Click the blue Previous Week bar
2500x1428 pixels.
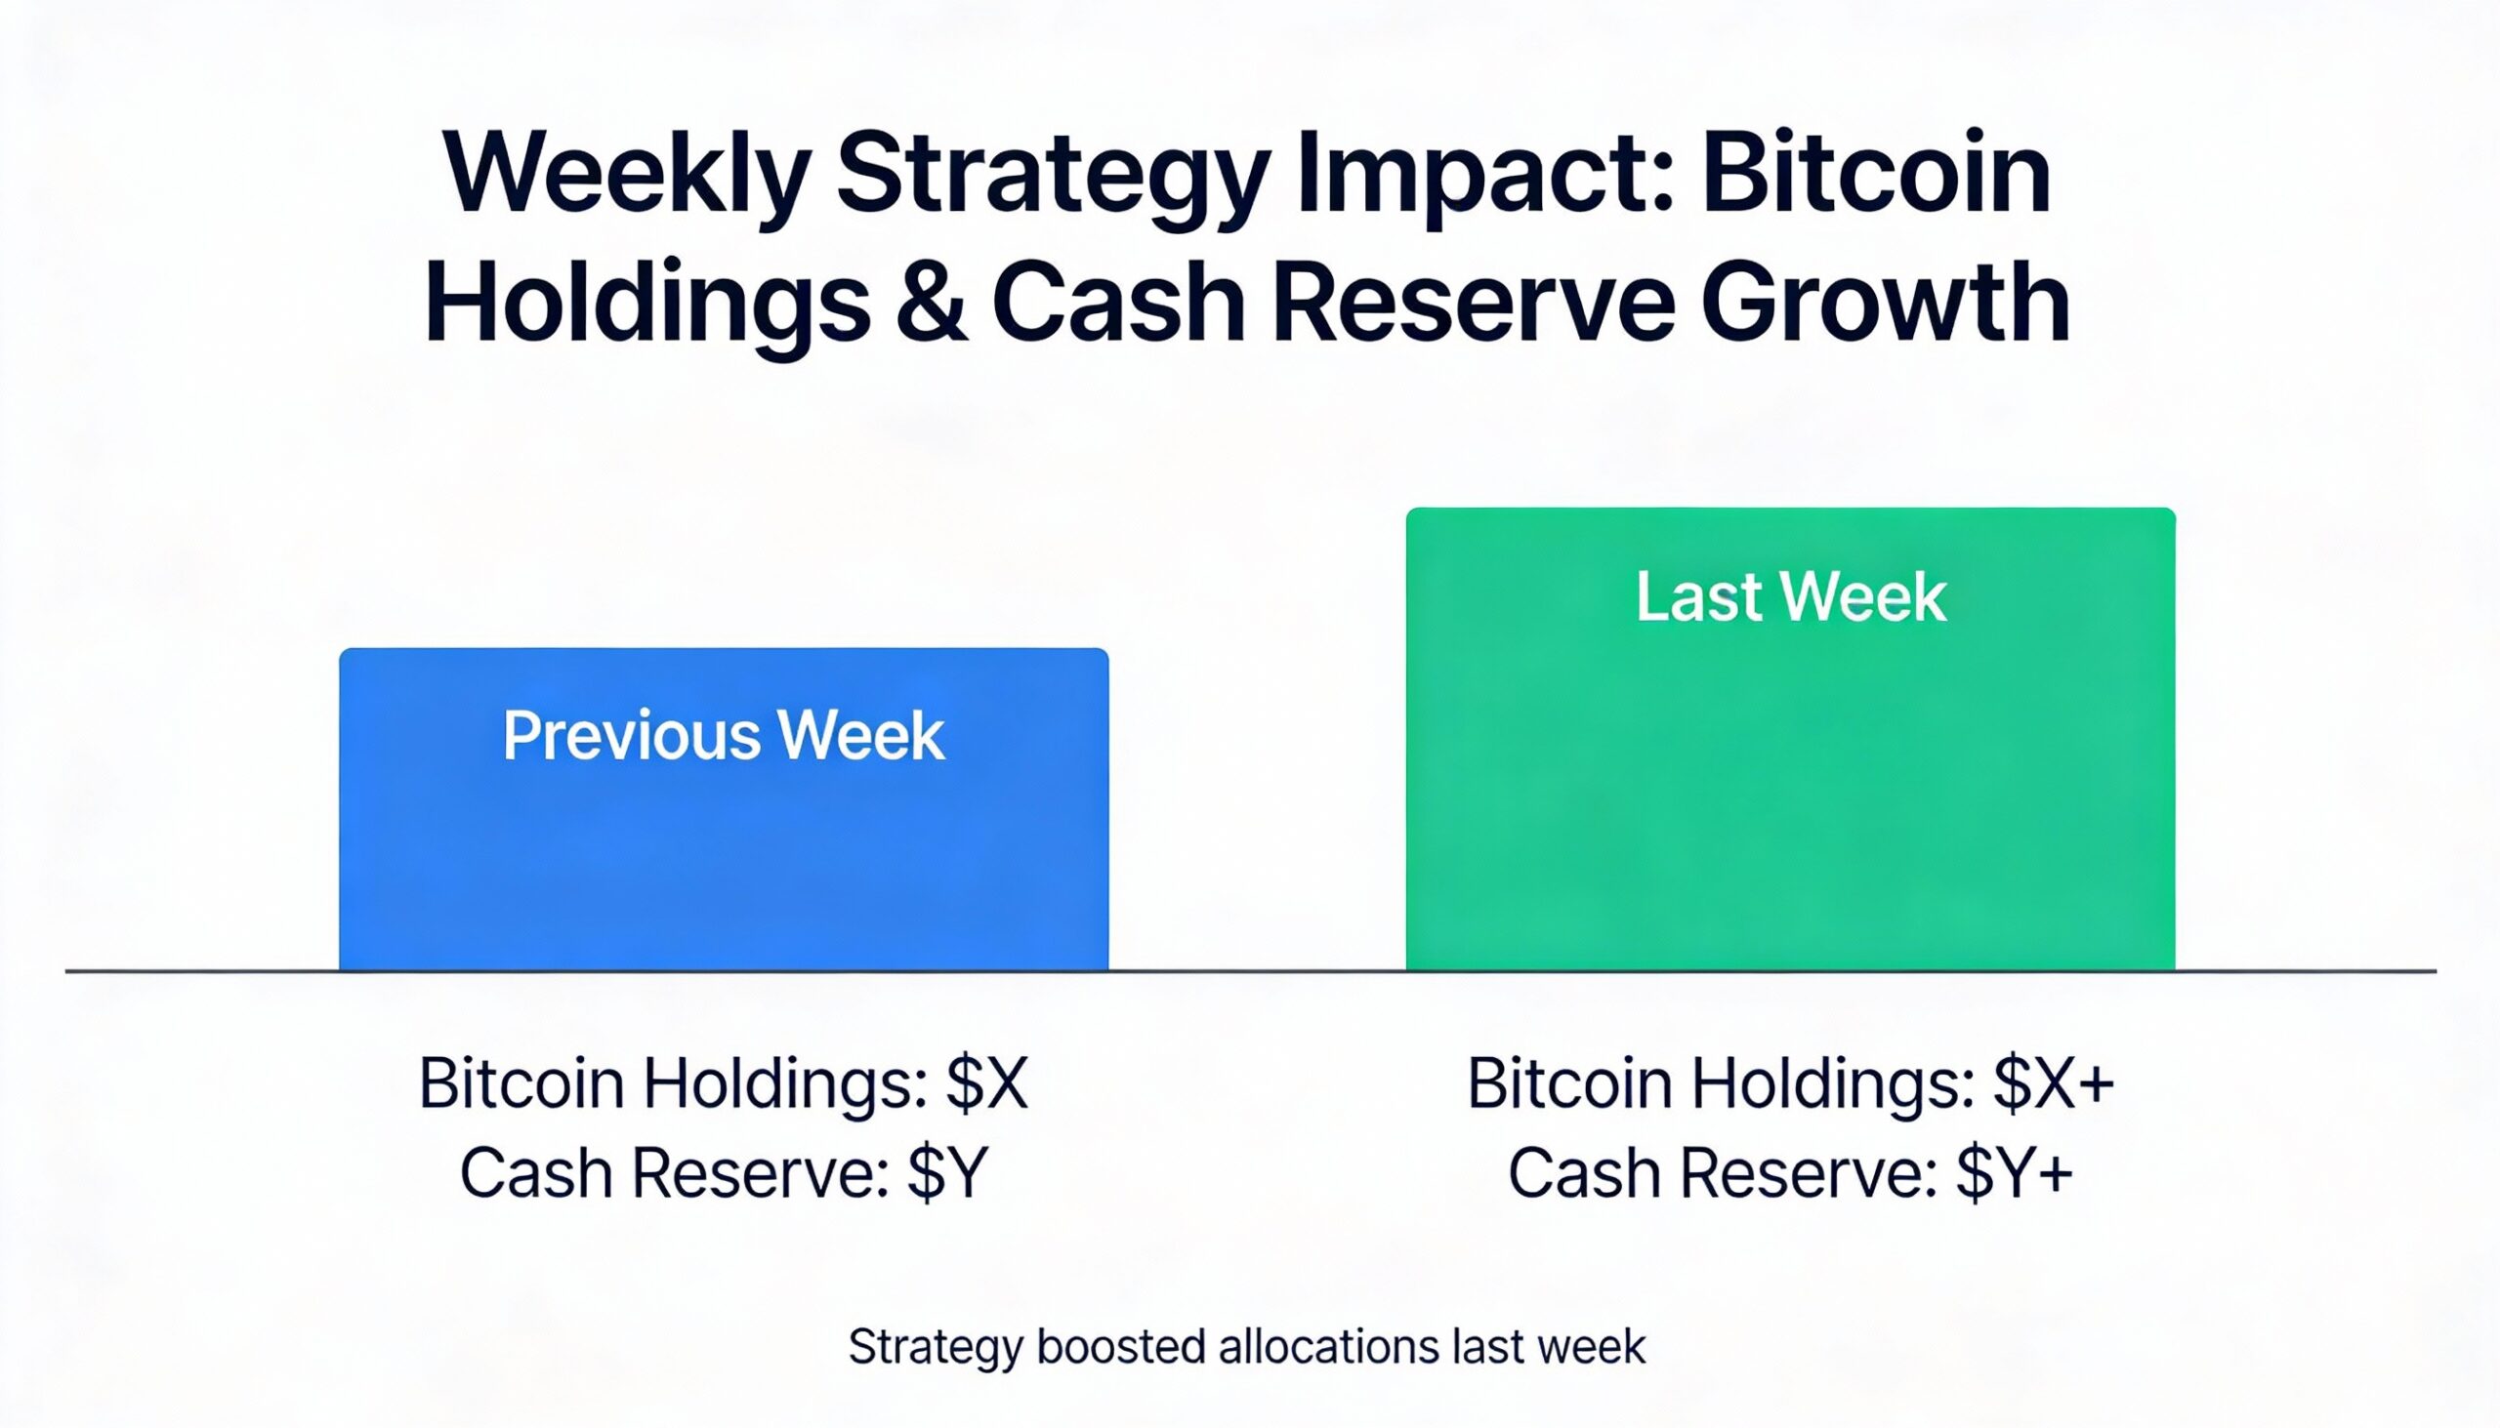coord(724,809)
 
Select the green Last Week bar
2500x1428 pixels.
coord(1791,739)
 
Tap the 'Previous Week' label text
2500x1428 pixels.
coord(724,736)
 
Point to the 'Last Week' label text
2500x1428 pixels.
coord(1791,596)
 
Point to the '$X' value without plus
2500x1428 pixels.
coord(987,1083)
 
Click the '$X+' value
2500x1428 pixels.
coord(2055,1083)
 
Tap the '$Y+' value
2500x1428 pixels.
coord(2014,1173)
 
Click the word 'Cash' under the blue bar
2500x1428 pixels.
coord(537,1173)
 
